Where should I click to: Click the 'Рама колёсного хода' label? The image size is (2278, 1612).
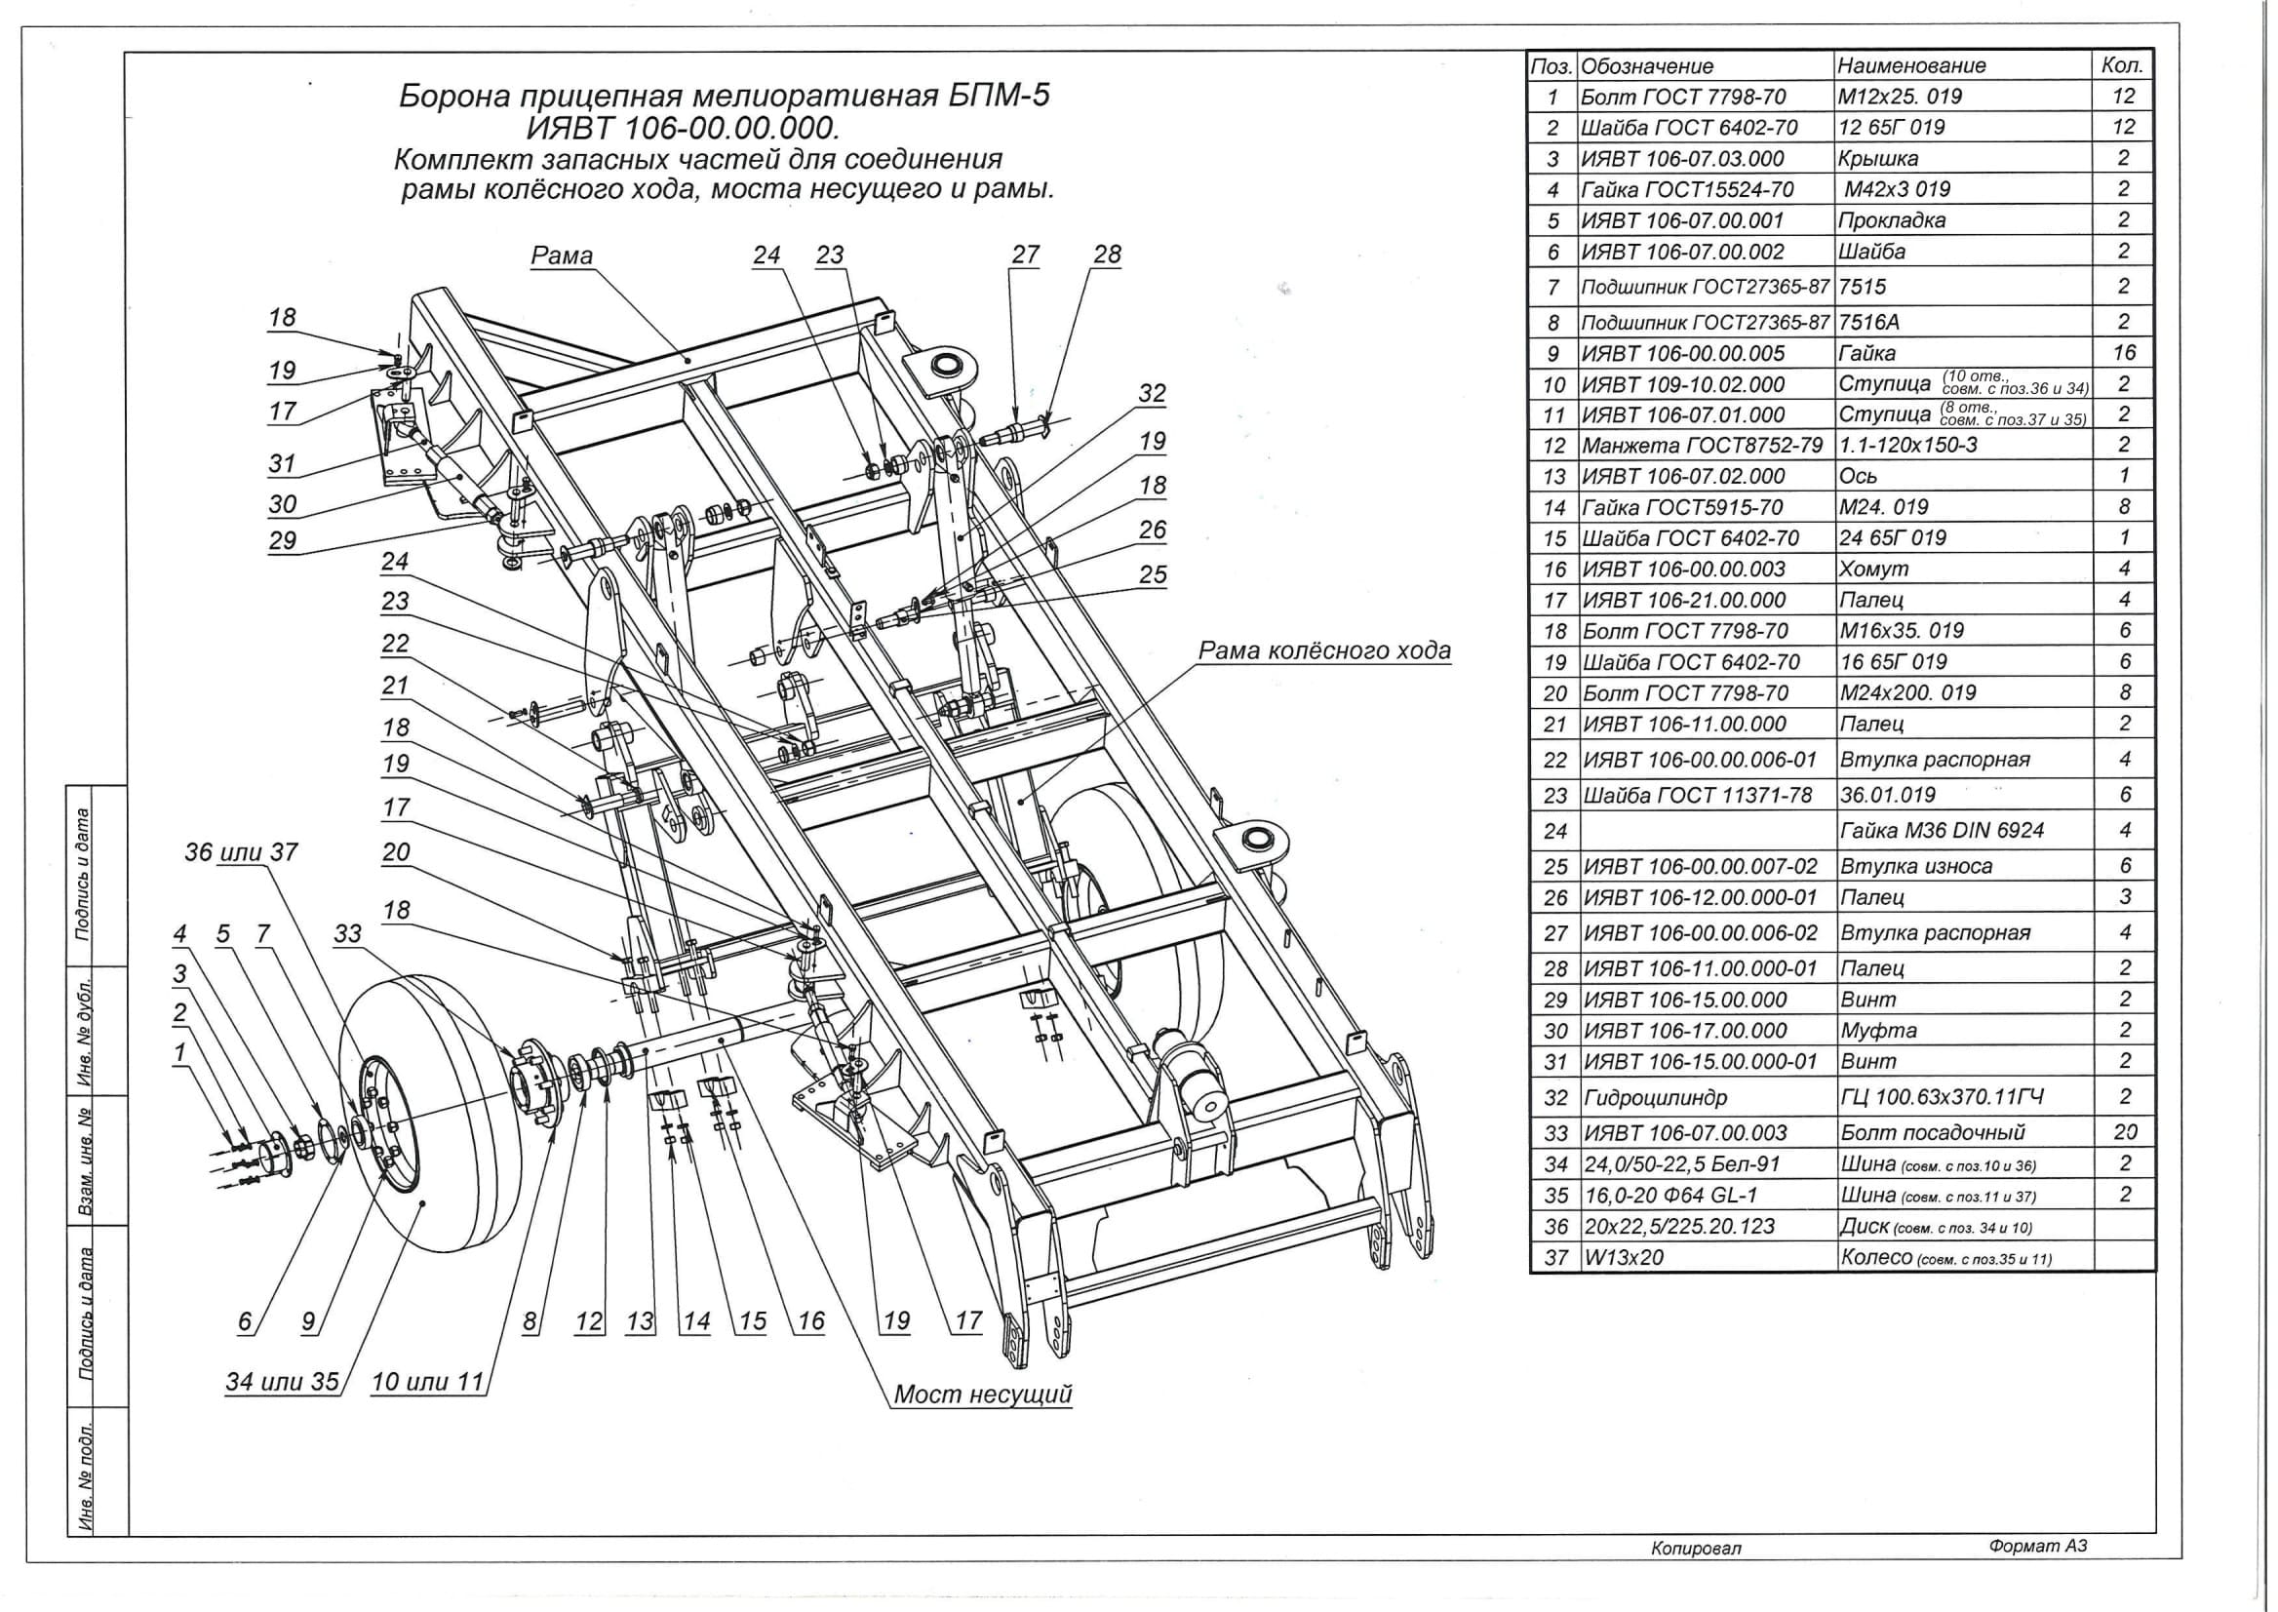(1324, 651)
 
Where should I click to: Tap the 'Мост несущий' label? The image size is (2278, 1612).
(983, 1394)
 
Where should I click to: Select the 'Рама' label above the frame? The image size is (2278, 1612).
(562, 256)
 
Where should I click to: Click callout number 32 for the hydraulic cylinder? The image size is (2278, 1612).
(1152, 394)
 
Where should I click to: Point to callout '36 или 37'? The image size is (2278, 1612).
(241, 852)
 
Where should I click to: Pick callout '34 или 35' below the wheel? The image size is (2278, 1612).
(282, 1382)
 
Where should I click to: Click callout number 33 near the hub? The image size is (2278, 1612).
(347, 934)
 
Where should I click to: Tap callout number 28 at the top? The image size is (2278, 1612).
(1107, 256)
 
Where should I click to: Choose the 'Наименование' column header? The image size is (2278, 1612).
(1910, 66)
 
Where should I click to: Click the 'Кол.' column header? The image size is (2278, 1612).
(2123, 65)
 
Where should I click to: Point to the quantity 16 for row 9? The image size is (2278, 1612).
(2124, 352)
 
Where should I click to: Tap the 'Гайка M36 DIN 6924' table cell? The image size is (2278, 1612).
(1942, 830)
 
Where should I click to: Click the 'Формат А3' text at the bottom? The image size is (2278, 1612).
(2038, 1546)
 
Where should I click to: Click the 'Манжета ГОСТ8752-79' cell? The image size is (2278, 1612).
(1702, 445)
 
